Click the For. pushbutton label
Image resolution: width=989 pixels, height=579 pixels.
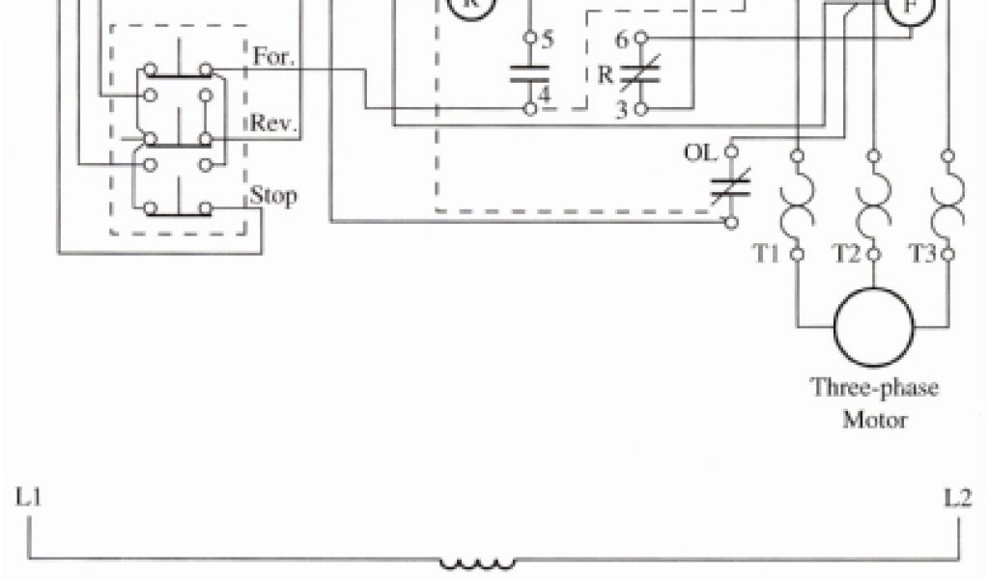coord(272,56)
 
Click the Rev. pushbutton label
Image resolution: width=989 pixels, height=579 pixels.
coord(274,124)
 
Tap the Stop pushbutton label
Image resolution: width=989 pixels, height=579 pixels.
coord(273,195)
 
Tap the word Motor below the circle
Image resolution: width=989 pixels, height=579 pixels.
coord(873,421)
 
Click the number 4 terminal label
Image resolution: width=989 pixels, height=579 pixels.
coord(546,96)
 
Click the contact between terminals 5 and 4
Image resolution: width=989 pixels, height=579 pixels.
coord(529,74)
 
